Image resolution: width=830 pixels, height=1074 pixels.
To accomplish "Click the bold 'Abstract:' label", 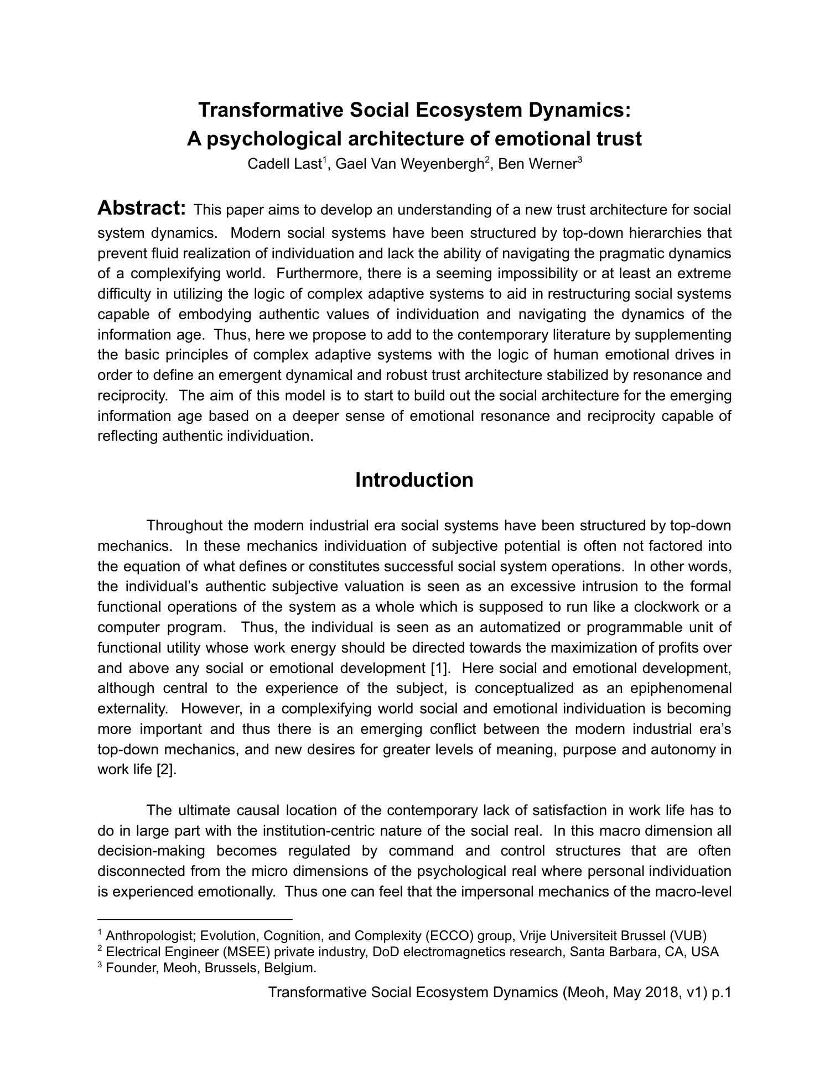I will [142, 208].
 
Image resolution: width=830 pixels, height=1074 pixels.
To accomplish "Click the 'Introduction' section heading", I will [414, 479].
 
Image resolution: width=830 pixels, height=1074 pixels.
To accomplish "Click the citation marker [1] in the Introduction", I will [439, 668].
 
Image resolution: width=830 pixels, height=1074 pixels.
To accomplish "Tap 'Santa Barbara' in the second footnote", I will [613, 952].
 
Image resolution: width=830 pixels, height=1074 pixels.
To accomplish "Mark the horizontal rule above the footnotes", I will [194, 919].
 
